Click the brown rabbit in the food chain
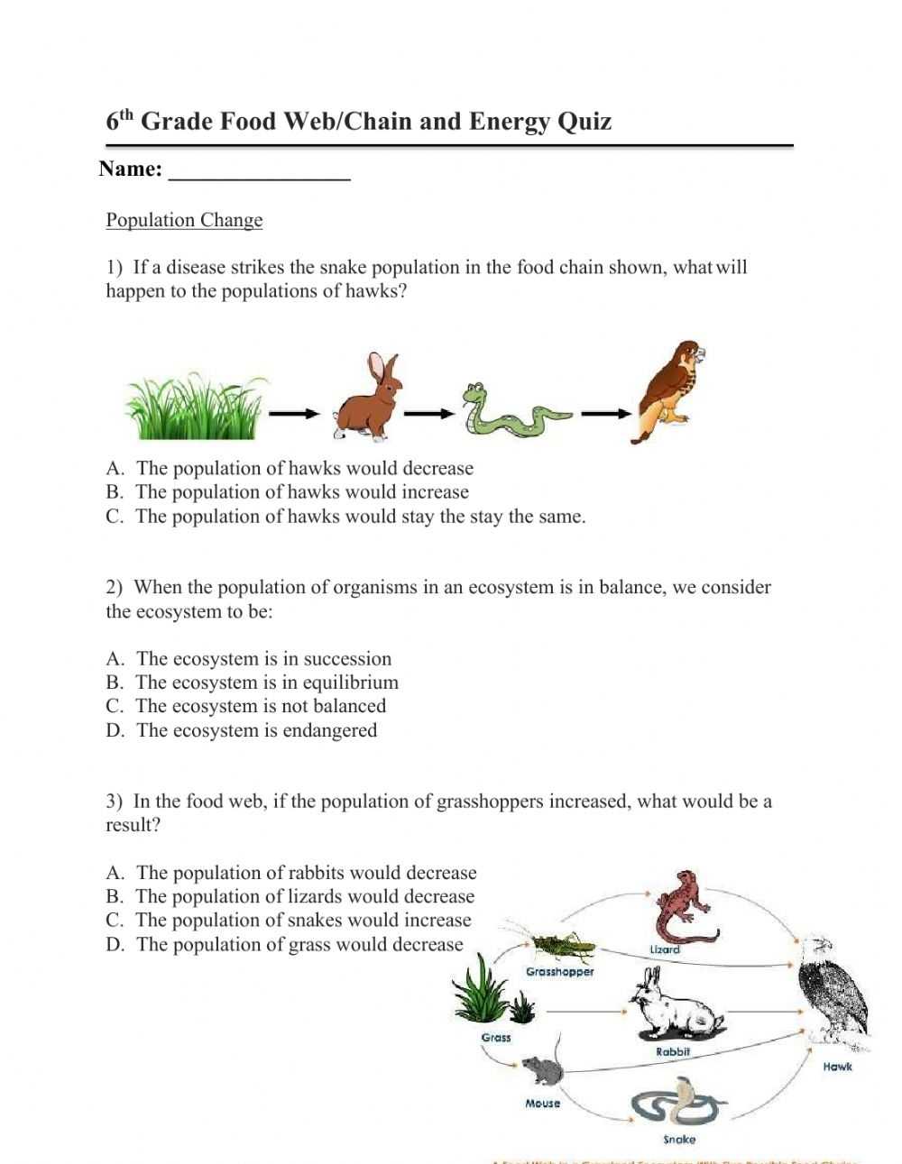tap(367, 399)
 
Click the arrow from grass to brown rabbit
tap(295, 414)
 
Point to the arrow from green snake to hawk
tap(605, 414)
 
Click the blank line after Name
tap(260, 170)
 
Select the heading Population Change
tap(184, 220)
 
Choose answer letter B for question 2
tap(114, 683)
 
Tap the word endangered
tap(330, 730)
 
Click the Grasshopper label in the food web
tap(560, 972)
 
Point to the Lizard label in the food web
tap(665, 949)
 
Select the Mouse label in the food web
tap(543, 1104)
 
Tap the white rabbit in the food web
tap(676, 1005)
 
